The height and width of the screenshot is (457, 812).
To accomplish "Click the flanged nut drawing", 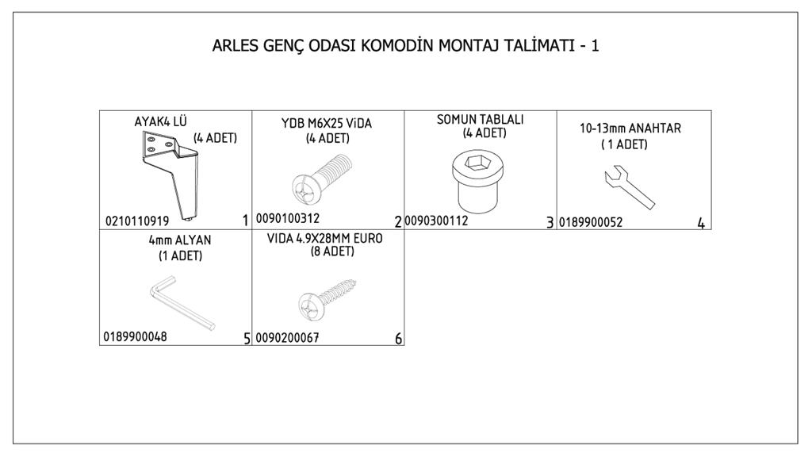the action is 477,182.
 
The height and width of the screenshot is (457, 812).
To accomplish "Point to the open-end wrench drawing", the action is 629,187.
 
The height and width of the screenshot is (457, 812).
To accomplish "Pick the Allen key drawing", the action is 182,302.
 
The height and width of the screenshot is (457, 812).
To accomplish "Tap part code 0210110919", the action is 137,221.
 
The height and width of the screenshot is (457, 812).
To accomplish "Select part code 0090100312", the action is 287,219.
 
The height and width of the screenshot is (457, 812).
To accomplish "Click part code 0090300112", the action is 436,221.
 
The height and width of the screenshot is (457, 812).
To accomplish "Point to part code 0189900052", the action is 590,223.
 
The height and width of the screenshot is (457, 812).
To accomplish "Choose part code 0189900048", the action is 135,336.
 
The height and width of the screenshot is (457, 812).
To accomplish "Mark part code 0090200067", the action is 287,338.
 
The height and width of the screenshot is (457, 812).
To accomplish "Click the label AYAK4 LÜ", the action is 160,121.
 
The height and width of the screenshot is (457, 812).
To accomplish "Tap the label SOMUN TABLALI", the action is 480,120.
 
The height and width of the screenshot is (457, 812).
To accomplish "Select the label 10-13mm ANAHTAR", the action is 630,129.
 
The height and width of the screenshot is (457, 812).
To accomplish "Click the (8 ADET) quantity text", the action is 332,252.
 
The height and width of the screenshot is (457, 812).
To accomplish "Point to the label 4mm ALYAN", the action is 180,240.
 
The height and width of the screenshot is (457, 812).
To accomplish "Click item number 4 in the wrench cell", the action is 701,223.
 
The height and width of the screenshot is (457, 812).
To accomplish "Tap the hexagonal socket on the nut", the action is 477,162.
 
